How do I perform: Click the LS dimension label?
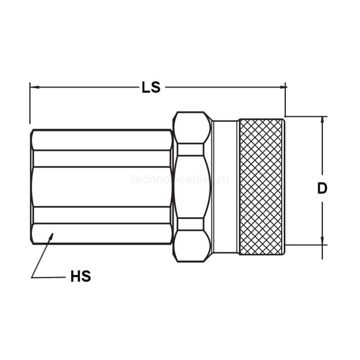click(x=151, y=87)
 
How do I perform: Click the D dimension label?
click(x=322, y=188)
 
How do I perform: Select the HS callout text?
click(x=80, y=277)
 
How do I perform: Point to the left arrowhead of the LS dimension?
click(x=33, y=87)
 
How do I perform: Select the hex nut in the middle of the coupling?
click(x=191, y=186)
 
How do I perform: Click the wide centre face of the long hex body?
click(x=102, y=186)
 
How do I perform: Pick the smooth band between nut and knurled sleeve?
click(x=225, y=186)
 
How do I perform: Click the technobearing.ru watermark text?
click(x=180, y=179)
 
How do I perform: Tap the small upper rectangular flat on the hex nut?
click(x=191, y=149)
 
